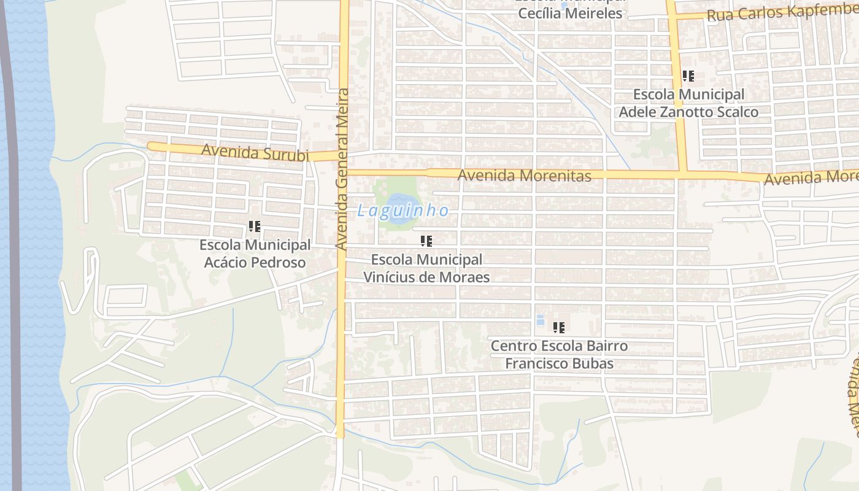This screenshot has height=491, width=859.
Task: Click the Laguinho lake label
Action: pos(403,211)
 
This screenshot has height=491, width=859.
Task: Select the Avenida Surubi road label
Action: pos(255,152)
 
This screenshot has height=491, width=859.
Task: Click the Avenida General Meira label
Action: pos(342,169)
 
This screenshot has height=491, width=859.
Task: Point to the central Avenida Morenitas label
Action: pos(525,176)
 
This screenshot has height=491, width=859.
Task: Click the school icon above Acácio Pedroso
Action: pos(255,226)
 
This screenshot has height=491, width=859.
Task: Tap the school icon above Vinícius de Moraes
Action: pos(426,241)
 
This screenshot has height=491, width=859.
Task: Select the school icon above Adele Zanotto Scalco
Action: pos(688,76)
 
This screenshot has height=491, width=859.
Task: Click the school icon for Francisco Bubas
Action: pos(558,328)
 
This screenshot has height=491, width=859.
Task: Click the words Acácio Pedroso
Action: pos(255,263)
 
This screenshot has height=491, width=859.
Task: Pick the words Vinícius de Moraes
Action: pos(426,277)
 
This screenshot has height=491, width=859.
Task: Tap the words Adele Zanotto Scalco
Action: pos(688,112)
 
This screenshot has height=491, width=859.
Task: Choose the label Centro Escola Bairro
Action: pos(559,346)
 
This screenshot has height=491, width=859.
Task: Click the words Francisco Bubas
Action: pos(559,363)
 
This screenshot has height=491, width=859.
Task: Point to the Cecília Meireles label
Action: pos(570,13)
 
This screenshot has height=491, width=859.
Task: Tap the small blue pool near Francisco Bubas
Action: pos(540,320)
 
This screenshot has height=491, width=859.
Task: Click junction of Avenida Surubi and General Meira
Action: pos(342,155)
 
